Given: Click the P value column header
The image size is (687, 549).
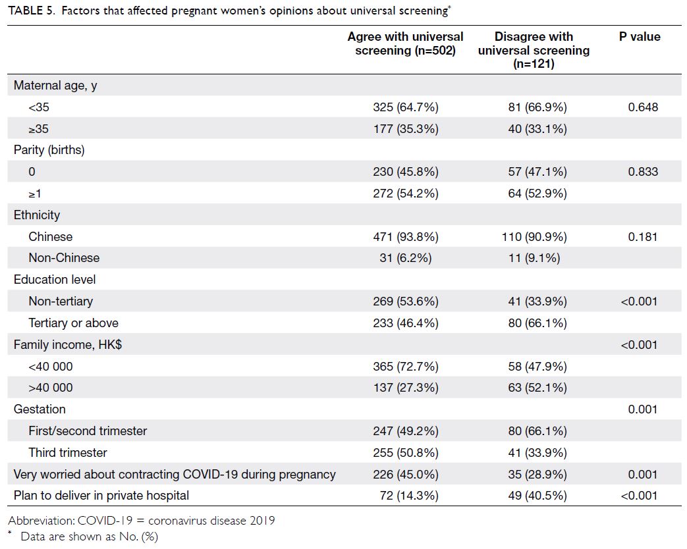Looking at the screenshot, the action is (639, 37).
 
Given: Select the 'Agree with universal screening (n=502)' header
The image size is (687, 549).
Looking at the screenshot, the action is (405, 43).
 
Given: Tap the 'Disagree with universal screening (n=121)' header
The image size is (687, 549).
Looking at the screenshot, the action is (534, 50).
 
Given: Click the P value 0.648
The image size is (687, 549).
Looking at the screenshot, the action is (643, 107).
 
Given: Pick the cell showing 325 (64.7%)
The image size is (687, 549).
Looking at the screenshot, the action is (406, 107).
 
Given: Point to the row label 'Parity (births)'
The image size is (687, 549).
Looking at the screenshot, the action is (49, 150).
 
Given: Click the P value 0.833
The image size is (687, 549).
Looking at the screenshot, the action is (643, 172).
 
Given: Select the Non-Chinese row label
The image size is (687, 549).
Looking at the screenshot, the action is (64, 258).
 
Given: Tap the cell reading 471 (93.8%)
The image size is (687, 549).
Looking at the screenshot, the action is (406, 237).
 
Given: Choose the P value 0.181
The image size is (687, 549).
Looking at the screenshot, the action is (643, 237).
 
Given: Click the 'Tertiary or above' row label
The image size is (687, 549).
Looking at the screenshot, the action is (74, 323).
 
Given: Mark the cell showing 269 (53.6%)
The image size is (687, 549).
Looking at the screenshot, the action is (406, 301).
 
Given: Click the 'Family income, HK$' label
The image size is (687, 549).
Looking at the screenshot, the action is (68, 345).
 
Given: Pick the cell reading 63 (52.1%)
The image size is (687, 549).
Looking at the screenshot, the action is (537, 388).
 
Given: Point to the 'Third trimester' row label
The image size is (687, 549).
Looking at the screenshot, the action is (68, 453).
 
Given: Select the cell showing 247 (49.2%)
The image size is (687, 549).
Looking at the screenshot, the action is (406, 431).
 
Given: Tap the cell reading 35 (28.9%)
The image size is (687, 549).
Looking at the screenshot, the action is (537, 474).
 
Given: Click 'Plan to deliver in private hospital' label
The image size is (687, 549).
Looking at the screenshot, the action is (101, 496).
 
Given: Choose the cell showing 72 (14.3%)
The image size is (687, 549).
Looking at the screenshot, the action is (409, 496).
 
